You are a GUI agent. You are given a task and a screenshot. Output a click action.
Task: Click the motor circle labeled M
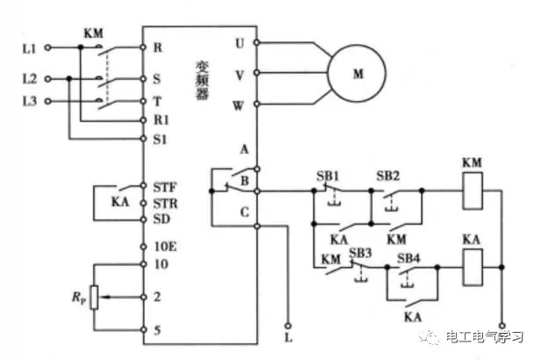pyautogui.click(x=358, y=74)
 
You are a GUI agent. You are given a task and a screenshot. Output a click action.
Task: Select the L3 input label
pyautogui.click(x=26, y=100)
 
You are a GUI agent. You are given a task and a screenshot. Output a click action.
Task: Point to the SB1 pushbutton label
pyautogui.click(x=327, y=175)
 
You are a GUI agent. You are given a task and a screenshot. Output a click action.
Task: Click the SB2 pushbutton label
pyautogui.click(x=388, y=175)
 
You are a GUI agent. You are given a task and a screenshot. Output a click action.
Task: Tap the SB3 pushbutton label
pyautogui.click(x=360, y=252)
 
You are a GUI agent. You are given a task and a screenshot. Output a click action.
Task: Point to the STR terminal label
pyautogui.click(x=164, y=202)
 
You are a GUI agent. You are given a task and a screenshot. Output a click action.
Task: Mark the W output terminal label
pyautogui.click(x=239, y=105)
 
